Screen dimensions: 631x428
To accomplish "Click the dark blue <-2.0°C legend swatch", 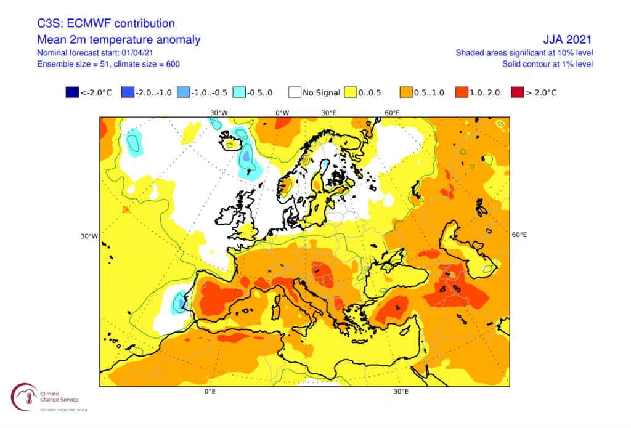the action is click(x=73, y=92).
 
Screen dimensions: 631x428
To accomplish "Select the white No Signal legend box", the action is click(x=295, y=92).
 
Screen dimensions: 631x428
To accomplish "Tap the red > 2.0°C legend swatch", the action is click(x=518, y=92).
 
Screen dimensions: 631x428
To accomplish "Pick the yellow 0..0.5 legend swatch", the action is click(x=350, y=92).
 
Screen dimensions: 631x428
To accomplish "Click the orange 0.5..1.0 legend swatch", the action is click(x=406, y=92).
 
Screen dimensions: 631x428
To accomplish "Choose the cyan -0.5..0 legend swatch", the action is click(x=239, y=92).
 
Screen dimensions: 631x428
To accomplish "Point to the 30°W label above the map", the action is click(x=219, y=113).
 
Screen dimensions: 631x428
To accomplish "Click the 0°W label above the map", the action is click(x=282, y=113).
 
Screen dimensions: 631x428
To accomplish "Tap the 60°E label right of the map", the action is click(x=519, y=235).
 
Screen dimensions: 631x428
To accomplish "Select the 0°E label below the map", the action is click(x=210, y=392).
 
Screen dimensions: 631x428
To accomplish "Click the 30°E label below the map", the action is click(x=401, y=392).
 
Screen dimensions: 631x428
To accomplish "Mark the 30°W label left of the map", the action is click(x=89, y=236).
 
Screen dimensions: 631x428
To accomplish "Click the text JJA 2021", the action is click(x=568, y=39).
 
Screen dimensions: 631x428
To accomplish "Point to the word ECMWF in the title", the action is click(x=84, y=23).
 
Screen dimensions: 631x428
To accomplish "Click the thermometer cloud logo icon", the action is click(x=25, y=397).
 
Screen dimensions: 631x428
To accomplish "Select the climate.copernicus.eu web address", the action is click(x=63, y=410).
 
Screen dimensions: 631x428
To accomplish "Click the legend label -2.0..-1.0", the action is click(x=153, y=92).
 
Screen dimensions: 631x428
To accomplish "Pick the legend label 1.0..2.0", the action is click(x=484, y=92).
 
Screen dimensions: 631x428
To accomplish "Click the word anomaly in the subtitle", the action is click(x=180, y=39).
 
